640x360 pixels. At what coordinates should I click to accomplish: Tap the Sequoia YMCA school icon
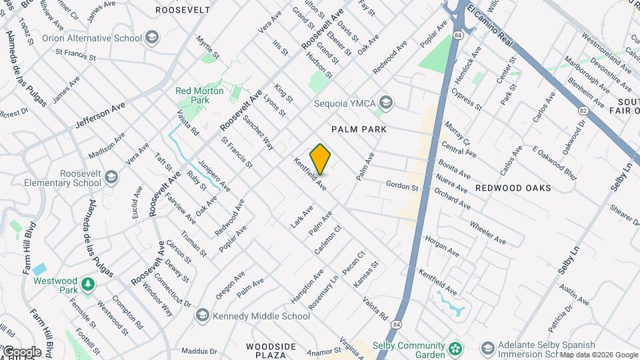pos(385,103)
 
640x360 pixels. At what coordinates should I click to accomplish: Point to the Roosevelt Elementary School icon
pos(111,177)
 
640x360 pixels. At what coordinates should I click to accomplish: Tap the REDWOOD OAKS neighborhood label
pos(513,188)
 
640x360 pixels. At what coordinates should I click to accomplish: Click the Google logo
pos(21,352)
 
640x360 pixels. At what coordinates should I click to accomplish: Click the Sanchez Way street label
pos(258,132)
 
